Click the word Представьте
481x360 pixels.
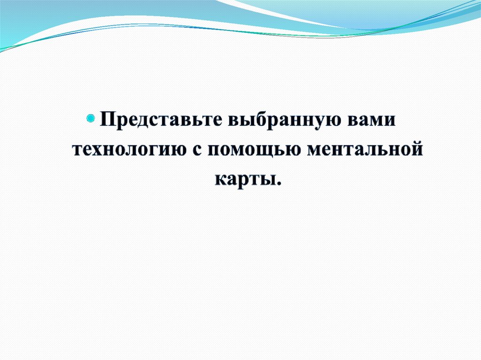[x=161, y=120]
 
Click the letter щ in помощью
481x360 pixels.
[x=266, y=152]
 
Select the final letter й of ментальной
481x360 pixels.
[x=416, y=148]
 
